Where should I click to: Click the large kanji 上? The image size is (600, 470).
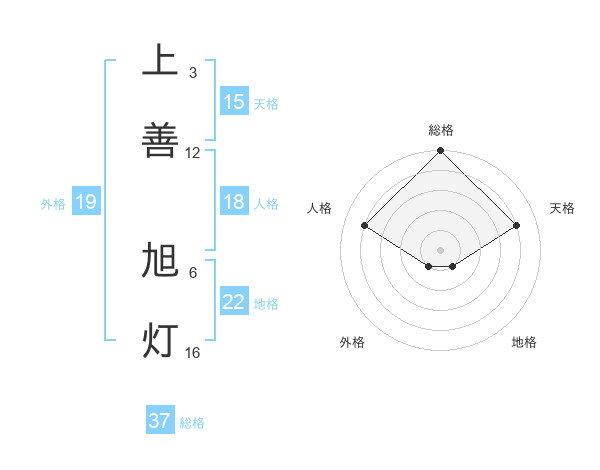pyautogui.click(x=160, y=62)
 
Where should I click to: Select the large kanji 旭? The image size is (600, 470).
pyautogui.click(x=160, y=262)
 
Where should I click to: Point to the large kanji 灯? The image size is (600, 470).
pyautogui.click(x=160, y=340)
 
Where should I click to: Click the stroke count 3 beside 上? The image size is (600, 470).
pyautogui.click(x=193, y=73)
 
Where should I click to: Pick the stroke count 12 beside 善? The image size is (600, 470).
pyautogui.click(x=193, y=152)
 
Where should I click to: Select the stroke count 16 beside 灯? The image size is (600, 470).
pyautogui.click(x=193, y=352)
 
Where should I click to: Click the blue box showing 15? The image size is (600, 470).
pyautogui.click(x=234, y=102)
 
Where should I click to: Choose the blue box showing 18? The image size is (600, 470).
pyautogui.click(x=234, y=202)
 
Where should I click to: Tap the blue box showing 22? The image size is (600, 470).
pyautogui.click(x=234, y=302)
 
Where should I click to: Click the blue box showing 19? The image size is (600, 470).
pyautogui.click(x=86, y=202)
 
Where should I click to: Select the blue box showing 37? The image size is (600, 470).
pyautogui.click(x=160, y=421)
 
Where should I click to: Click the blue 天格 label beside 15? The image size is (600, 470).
pyautogui.click(x=266, y=103)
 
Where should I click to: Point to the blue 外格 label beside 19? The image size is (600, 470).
pyautogui.click(x=53, y=203)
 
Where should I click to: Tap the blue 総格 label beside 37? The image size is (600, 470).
pyautogui.click(x=192, y=422)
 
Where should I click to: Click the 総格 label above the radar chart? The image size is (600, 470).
pyautogui.click(x=441, y=130)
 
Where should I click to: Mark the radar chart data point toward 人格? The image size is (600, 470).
pyautogui.click(x=365, y=225)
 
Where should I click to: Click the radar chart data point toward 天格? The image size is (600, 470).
pyautogui.click(x=517, y=226)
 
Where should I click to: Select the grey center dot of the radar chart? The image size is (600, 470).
pyautogui.click(x=441, y=249)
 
